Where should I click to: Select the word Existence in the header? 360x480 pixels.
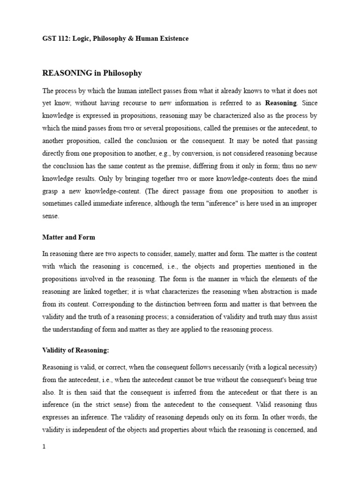pyautogui.click(x=172, y=38)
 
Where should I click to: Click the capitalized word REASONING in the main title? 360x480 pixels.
pyautogui.click(x=67, y=73)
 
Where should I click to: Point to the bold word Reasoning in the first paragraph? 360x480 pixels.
pyautogui.click(x=281, y=103)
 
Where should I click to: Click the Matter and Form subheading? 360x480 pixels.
pyautogui.click(x=69, y=237)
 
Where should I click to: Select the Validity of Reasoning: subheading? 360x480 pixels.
pyautogui.click(x=76, y=350)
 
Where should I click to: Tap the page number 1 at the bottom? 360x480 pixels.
pyautogui.click(x=44, y=447)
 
